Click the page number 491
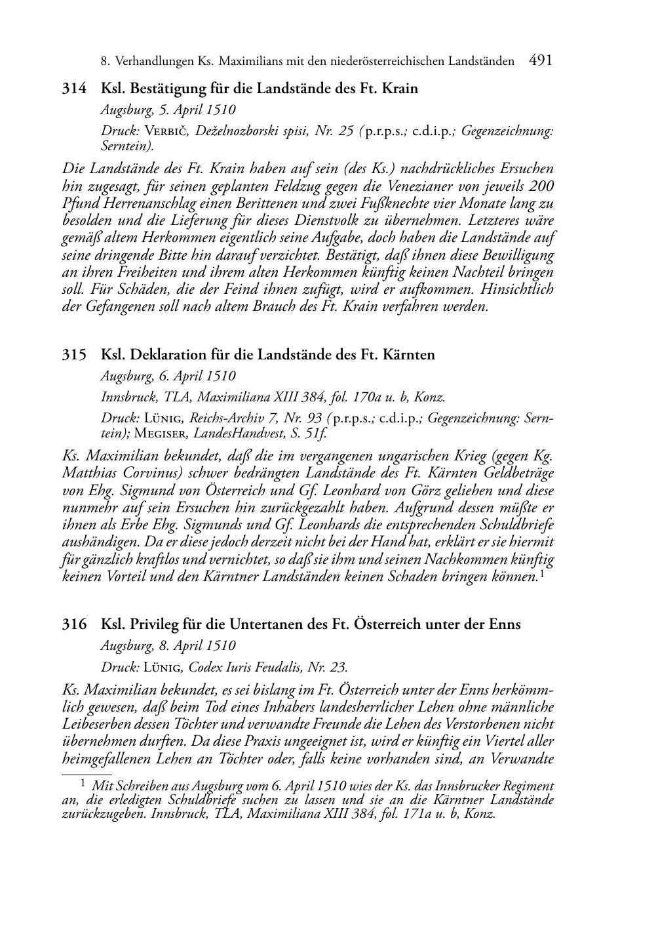(540, 60)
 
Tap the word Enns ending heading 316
(505, 624)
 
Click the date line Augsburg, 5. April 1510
(168, 110)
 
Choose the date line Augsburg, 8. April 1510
(168, 645)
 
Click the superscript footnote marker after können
(543, 575)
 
